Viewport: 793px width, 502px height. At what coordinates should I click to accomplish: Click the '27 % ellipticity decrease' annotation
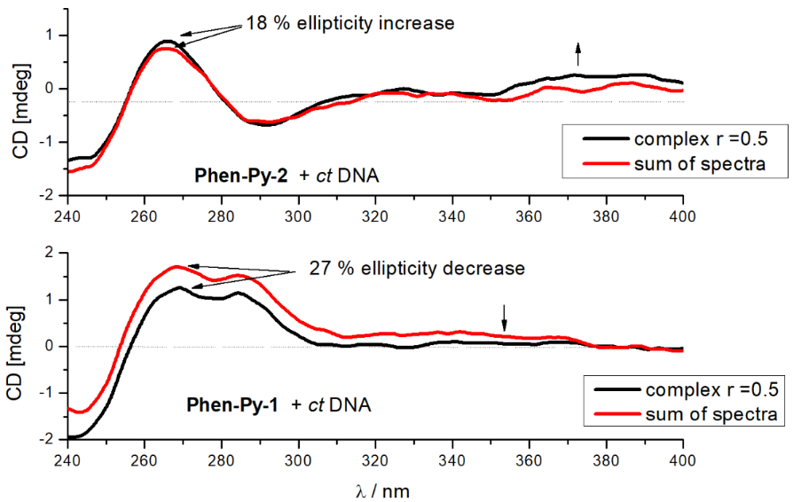pos(418,267)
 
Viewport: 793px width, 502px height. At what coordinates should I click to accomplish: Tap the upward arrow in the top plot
pos(578,54)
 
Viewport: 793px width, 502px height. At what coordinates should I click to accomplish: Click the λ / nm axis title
pos(376,489)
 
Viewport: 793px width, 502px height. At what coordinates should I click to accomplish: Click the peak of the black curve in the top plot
pos(166,41)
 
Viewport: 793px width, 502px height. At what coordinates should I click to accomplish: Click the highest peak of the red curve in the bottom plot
pos(176,266)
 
